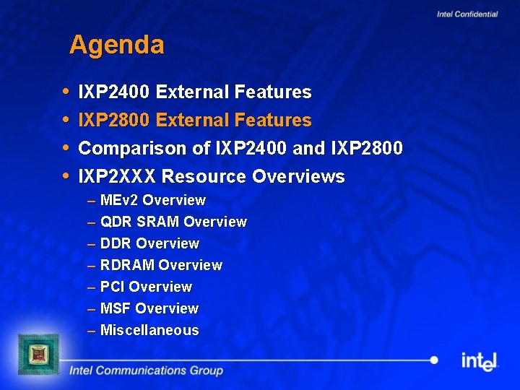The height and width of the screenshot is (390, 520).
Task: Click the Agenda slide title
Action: [117, 45]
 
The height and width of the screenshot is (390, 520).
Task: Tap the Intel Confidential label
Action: [467, 14]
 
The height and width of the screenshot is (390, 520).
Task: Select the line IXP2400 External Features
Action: [194, 92]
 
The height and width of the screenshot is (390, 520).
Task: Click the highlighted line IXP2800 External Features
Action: [194, 120]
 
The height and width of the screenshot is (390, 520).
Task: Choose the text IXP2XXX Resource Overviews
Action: [211, 176]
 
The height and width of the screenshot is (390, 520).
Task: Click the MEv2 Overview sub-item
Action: [153, 200]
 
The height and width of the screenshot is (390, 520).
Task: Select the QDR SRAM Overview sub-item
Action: [173, 222]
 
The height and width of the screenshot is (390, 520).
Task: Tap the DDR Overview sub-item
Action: [149, 243]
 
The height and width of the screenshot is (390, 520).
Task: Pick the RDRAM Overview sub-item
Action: [161, 265]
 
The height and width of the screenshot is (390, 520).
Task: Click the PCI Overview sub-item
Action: [146, 287]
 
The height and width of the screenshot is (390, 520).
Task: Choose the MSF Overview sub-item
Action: [149, 308]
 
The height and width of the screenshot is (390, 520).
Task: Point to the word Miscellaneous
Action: [149, 330]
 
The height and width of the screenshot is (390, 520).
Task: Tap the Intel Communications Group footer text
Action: [146, 370]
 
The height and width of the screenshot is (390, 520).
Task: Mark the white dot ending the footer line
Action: [434, 360]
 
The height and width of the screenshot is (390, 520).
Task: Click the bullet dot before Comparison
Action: [66, 148]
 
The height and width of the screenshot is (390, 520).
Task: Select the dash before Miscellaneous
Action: [92, 331]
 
